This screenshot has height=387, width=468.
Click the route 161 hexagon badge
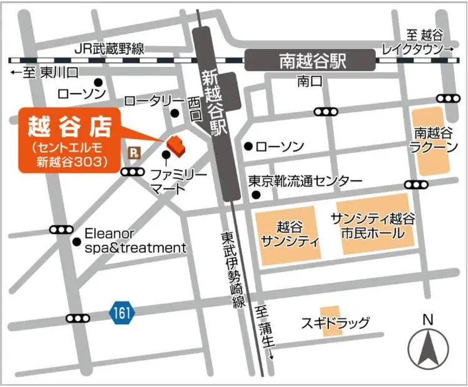122,313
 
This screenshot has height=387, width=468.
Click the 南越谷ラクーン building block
432,141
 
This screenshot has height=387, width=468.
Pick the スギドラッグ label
335,323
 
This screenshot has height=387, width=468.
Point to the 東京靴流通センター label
305,180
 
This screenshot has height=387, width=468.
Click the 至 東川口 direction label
44,73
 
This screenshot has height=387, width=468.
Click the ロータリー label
154,101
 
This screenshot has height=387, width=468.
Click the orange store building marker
175,145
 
